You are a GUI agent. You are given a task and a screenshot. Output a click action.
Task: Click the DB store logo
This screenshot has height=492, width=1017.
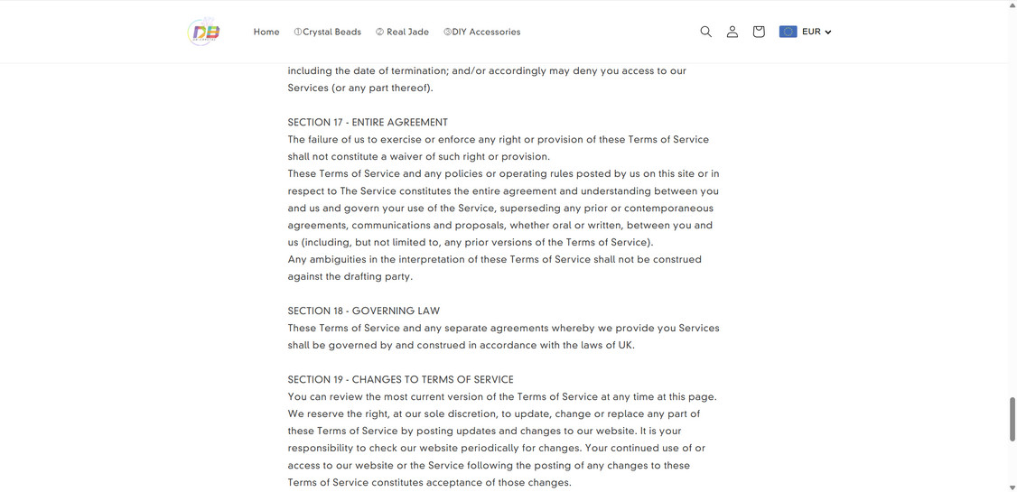point(205,32)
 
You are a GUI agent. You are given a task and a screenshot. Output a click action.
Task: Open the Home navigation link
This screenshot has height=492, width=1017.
point(266,32)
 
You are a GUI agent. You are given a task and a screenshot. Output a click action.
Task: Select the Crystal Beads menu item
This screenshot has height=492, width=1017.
point(328,32)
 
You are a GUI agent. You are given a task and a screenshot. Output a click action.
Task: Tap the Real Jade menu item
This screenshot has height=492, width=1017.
point(403,32)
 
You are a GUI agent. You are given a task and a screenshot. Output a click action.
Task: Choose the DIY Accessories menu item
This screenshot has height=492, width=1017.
point(482,32)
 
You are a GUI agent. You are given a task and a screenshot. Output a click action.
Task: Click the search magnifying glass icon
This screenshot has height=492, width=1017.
point(706,32)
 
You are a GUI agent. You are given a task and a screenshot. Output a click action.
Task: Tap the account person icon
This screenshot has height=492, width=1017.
point(732,32)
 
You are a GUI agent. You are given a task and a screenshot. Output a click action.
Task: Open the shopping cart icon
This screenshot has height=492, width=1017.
point(759,32)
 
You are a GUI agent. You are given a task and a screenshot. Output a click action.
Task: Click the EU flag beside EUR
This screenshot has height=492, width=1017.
point(788,32)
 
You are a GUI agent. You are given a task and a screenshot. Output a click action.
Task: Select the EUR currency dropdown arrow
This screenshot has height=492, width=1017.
point(828,32)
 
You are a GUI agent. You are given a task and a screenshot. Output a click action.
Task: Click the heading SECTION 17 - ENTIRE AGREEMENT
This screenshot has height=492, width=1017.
point(368,123)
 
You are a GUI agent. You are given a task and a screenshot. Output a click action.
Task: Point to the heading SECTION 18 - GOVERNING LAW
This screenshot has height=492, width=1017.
point(364,311)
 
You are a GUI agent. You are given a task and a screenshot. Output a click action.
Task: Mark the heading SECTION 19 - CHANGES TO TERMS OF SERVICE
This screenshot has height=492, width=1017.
point(400,380)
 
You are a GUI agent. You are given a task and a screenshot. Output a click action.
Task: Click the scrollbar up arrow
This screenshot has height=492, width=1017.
point(1012,5)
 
